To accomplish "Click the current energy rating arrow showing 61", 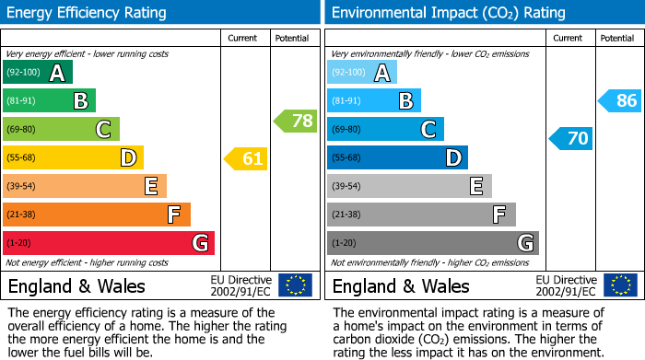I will point(246,158).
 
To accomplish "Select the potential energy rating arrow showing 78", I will point(295,121).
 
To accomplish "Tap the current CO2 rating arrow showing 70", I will point(570,139).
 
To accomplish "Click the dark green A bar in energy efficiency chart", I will point(38,73).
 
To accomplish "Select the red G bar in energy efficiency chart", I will point(109,243).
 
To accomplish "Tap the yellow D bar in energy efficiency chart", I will point(73,158).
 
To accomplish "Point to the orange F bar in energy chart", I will point(97,215).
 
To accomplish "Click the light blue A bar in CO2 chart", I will point(362,73).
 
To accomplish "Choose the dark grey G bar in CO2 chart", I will point(432,243).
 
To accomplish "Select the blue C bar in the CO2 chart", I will point(385,129).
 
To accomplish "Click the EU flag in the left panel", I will point(295,285).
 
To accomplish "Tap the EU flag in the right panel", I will point(619,285).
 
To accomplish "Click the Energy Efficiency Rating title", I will point(88,13).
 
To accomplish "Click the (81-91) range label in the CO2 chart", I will point(347,101).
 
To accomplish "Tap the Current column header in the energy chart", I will point(244,38).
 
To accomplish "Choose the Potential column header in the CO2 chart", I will point(616,38).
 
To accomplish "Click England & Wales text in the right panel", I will point(401,285).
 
